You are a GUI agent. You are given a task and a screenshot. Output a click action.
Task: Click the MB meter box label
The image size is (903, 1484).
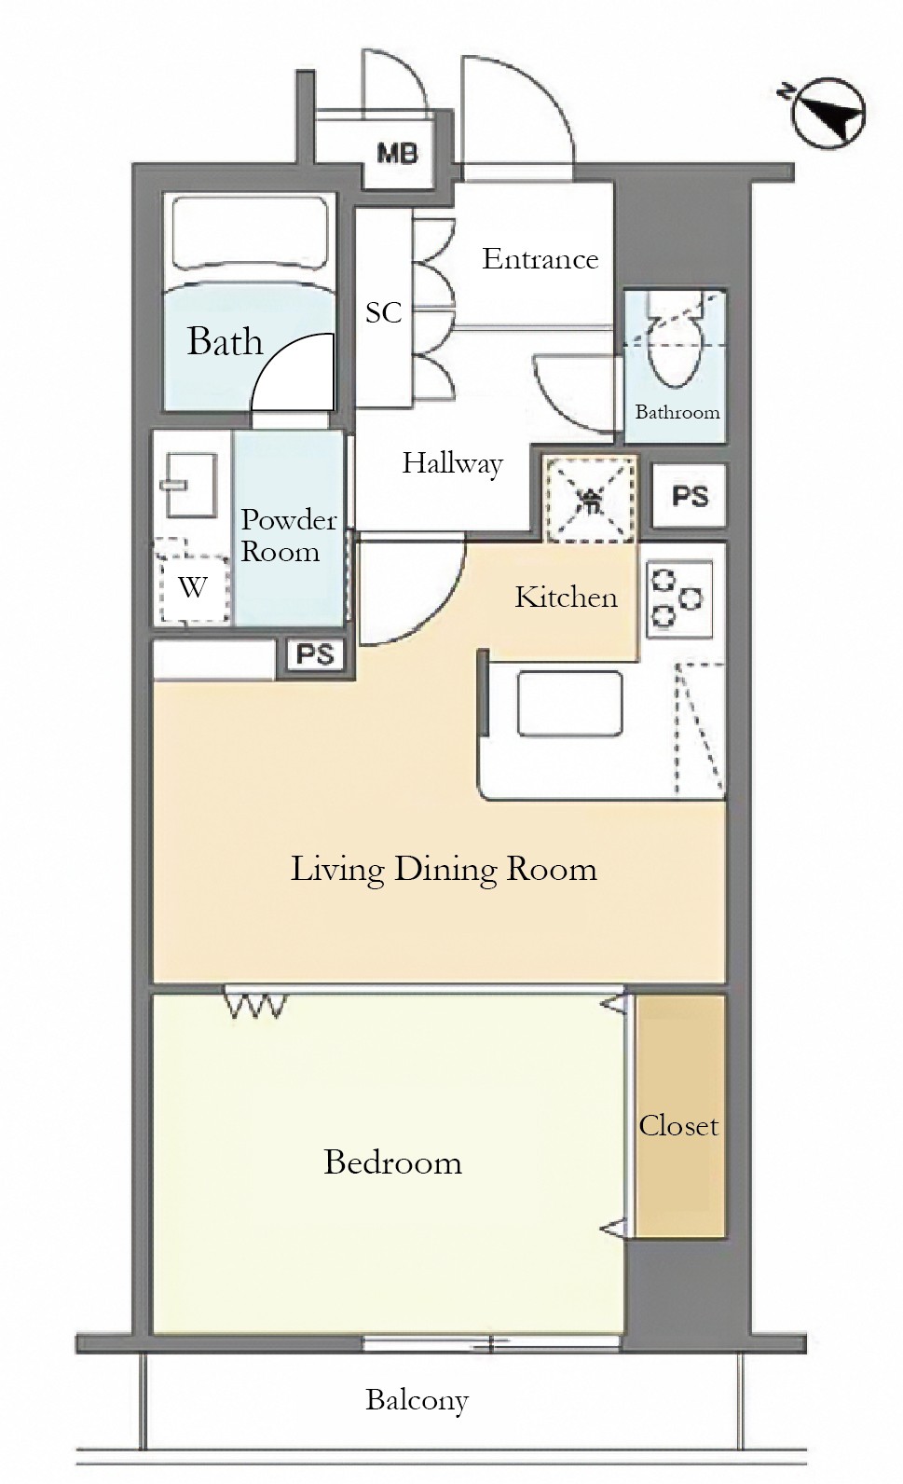398,155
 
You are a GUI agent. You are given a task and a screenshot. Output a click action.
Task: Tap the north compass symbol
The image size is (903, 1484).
828,113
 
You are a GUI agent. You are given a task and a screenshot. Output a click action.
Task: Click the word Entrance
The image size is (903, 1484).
540,259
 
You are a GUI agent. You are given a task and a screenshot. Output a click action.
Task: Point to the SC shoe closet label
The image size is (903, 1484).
384,312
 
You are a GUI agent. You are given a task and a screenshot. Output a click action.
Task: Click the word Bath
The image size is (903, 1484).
225,342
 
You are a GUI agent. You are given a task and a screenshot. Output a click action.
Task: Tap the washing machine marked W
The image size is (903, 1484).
192,581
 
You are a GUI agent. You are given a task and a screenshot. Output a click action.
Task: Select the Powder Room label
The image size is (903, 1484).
288,535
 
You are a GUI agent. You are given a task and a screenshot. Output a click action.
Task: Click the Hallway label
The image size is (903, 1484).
453,463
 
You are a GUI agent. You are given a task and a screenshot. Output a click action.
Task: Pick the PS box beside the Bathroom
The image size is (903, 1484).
689,496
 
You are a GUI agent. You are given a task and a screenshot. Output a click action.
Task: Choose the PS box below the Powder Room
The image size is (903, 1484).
315,655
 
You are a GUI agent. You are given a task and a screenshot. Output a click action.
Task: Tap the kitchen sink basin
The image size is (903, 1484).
569,703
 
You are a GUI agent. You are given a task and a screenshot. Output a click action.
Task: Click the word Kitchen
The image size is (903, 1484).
566,598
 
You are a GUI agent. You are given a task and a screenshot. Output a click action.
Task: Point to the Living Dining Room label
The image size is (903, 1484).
444,869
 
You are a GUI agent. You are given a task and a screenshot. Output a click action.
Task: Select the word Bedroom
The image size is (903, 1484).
392,1162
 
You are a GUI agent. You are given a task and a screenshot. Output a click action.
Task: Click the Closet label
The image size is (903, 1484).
678,1126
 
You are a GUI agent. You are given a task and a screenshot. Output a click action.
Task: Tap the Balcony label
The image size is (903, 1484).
417,1400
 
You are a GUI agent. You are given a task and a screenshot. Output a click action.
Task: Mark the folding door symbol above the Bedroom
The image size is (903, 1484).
255,1004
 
